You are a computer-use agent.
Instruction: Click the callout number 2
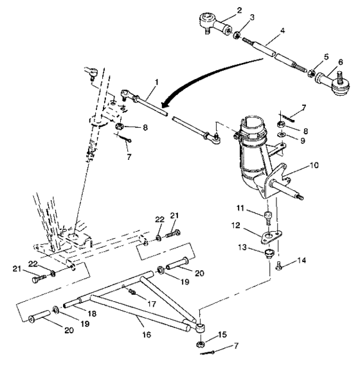pyautogui.click(x=221, y=10)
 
